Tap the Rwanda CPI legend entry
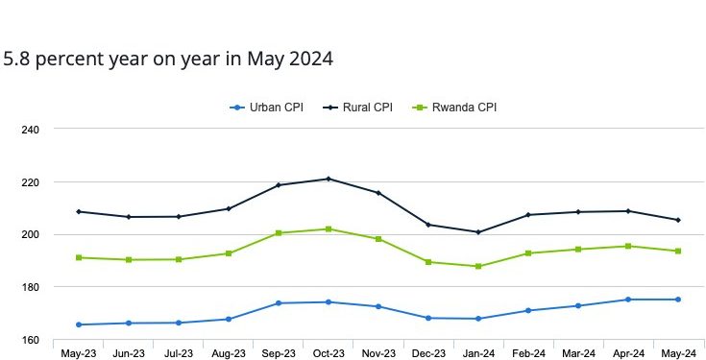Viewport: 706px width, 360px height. pyautogui.click(x=459, y=107)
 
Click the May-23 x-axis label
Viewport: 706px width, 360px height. pyautogui.click(x=78, y=353)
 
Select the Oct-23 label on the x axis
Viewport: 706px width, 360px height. pyautogui.click(x=329, y=353)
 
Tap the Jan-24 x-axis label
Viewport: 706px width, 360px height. pyautogui.click(x=478, y=353)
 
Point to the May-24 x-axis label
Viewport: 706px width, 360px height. pyautogui.click(x=678, y=353)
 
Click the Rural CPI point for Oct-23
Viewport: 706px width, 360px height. pyautogui.click(x=329, y=179)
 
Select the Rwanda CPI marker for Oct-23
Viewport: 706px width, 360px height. pyautogui.click(x=329, y=228)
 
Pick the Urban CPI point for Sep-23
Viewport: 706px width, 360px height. pyautogui.click(x=279, y=303)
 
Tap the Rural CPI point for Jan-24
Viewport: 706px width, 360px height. pyautogui.click(x=478, y=232)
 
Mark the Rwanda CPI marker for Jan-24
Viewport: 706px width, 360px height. pyautogui.click(x=478, y=266)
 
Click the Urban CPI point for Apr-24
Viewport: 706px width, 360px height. pyautogui.click(x=628, y=300)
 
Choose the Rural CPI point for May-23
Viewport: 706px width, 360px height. pyautogui.click(x=78, y=211)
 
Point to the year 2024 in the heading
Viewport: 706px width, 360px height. pyautogui.click(x=309, y=60)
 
